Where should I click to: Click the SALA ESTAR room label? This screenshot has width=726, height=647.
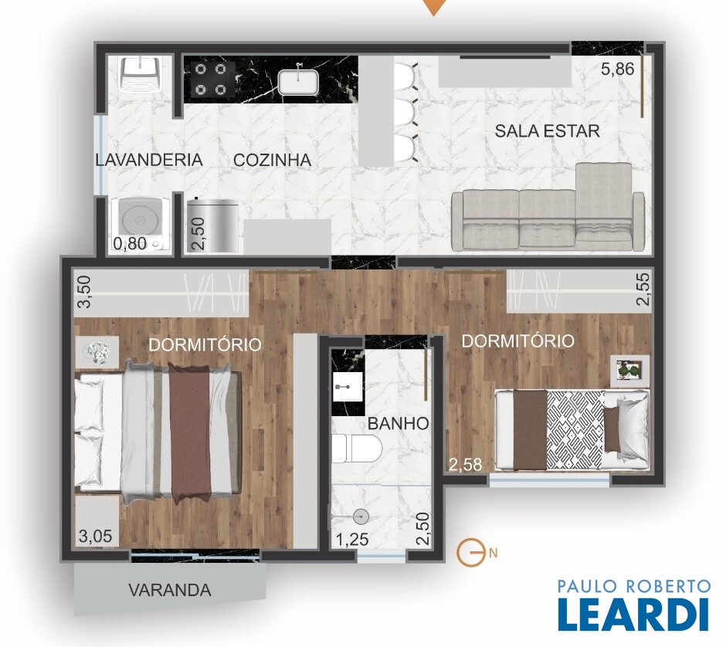pyautogui.click(x=547, y=131)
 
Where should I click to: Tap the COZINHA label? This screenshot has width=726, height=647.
pyautogui.click(x=272, y=160)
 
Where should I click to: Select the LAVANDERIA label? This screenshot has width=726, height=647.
pyautogui.click(x=149, y=160)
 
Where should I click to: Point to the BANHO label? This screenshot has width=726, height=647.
pyautogui.click(x=399, y=423)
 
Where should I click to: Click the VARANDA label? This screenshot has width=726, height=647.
pyautogui.click(x=169, y=590)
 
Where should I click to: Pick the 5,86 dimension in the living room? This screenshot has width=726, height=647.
pyautogui.click(x=617, y=69)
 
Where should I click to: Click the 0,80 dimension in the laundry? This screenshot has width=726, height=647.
pyautogui.click(x=130, y=243)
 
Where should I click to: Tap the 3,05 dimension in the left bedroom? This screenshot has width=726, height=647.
pyautogui.click(x=95, y=536)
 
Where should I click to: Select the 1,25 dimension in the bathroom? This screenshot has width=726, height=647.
pyautogui.click(x=352, y=539)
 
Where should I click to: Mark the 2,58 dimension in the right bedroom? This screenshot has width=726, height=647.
pyautogui.click(x=465, y=464)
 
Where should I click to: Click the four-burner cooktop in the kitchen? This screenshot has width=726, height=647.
pyautogui.click(x=210, y=79)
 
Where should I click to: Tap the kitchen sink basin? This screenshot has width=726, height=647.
pyautogui.click(x=298, y=81)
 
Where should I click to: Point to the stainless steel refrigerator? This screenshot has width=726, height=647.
pyautogui.click(x=213, y=225)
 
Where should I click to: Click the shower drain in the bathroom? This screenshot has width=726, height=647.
pyautogui.click(x=360, y=515)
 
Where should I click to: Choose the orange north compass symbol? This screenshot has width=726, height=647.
pyautogui.click(x=469, y=552)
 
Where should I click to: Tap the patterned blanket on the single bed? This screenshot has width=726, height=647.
pyautogui.click(x=575, y=429)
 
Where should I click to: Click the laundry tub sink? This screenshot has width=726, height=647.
pyautogui.click(x=138, y=74)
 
